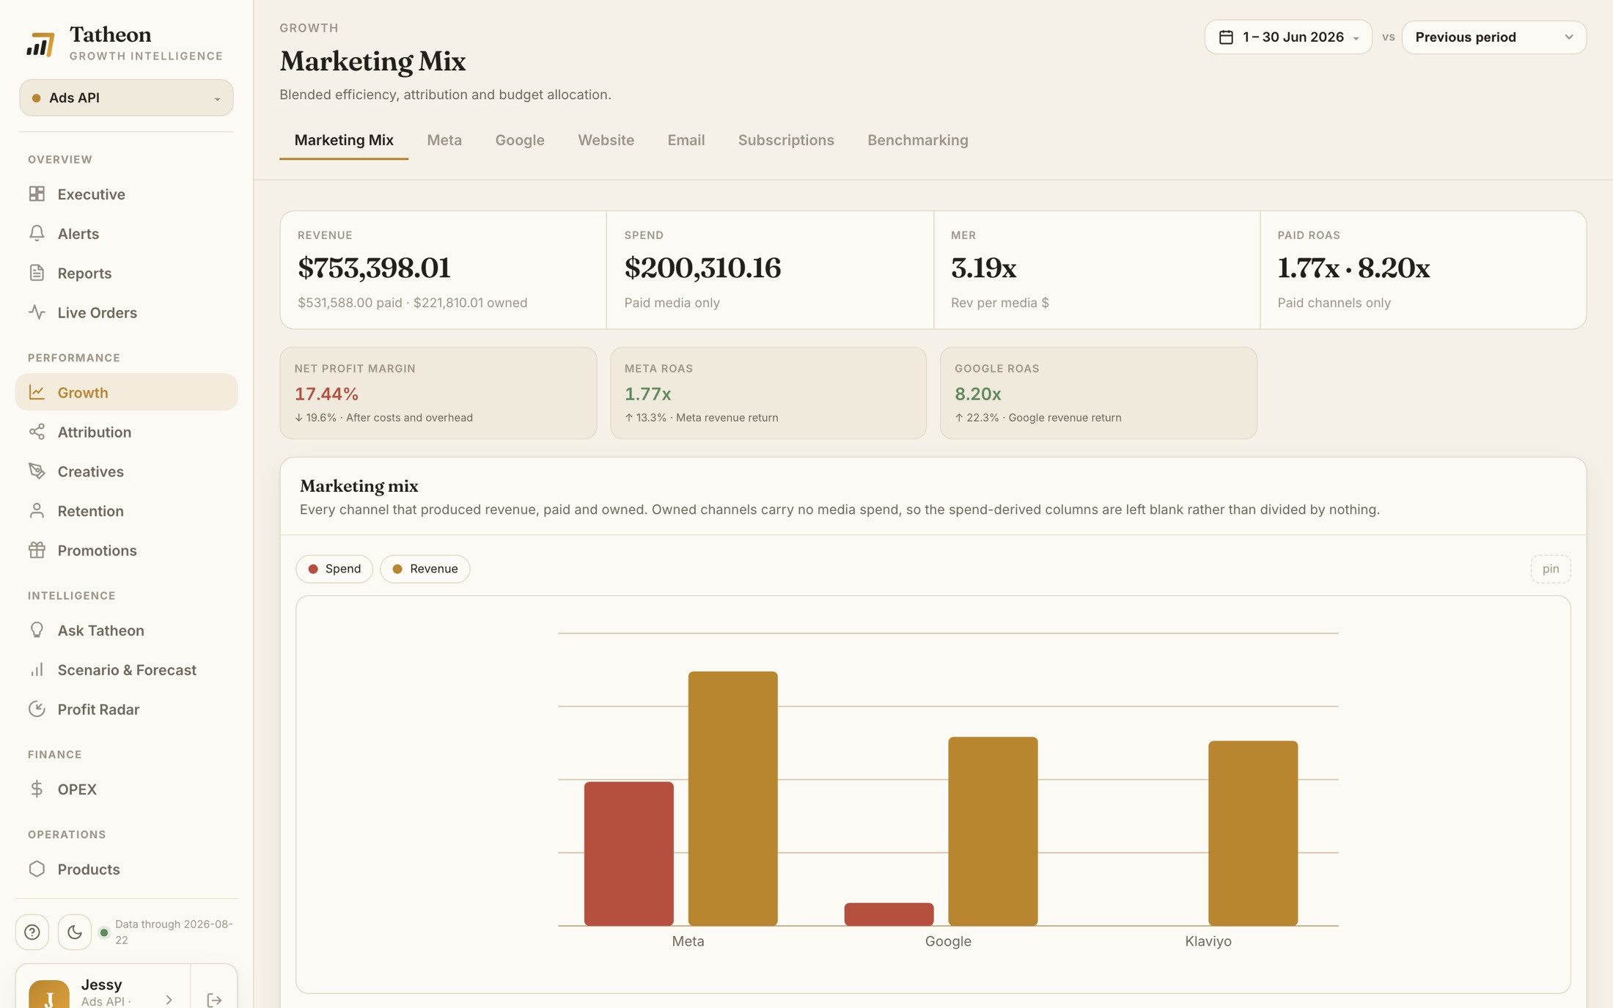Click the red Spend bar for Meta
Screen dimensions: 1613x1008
[x=628, y=853]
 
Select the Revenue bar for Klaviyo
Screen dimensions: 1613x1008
[x=1252, y=833]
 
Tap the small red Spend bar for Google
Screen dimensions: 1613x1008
[x=889, y=914]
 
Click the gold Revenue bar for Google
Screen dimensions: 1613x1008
[x=993, y=831]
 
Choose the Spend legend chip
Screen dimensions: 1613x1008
[x=334, y=569]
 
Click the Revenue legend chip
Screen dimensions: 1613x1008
[x=425, y=569]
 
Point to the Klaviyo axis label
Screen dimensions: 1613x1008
[x=1208, y=941]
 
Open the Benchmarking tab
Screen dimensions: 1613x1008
[x=917, y=140]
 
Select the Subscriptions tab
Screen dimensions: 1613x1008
[x=786, y=140]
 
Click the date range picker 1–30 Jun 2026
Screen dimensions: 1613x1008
[x=1288, y=37]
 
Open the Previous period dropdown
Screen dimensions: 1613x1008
[x=1493, y=37]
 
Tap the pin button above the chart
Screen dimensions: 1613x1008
[x=1550, y=569]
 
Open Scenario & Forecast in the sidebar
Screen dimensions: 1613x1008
[x=126, y=669]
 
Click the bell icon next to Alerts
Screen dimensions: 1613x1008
[x=37, y=233]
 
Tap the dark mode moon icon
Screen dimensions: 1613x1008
[x=75, y=932]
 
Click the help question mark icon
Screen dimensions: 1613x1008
[x=32, y=932]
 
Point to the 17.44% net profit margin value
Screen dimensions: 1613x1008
[x=326, y=394]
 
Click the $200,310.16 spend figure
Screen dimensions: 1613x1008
[x=702, y=268]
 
